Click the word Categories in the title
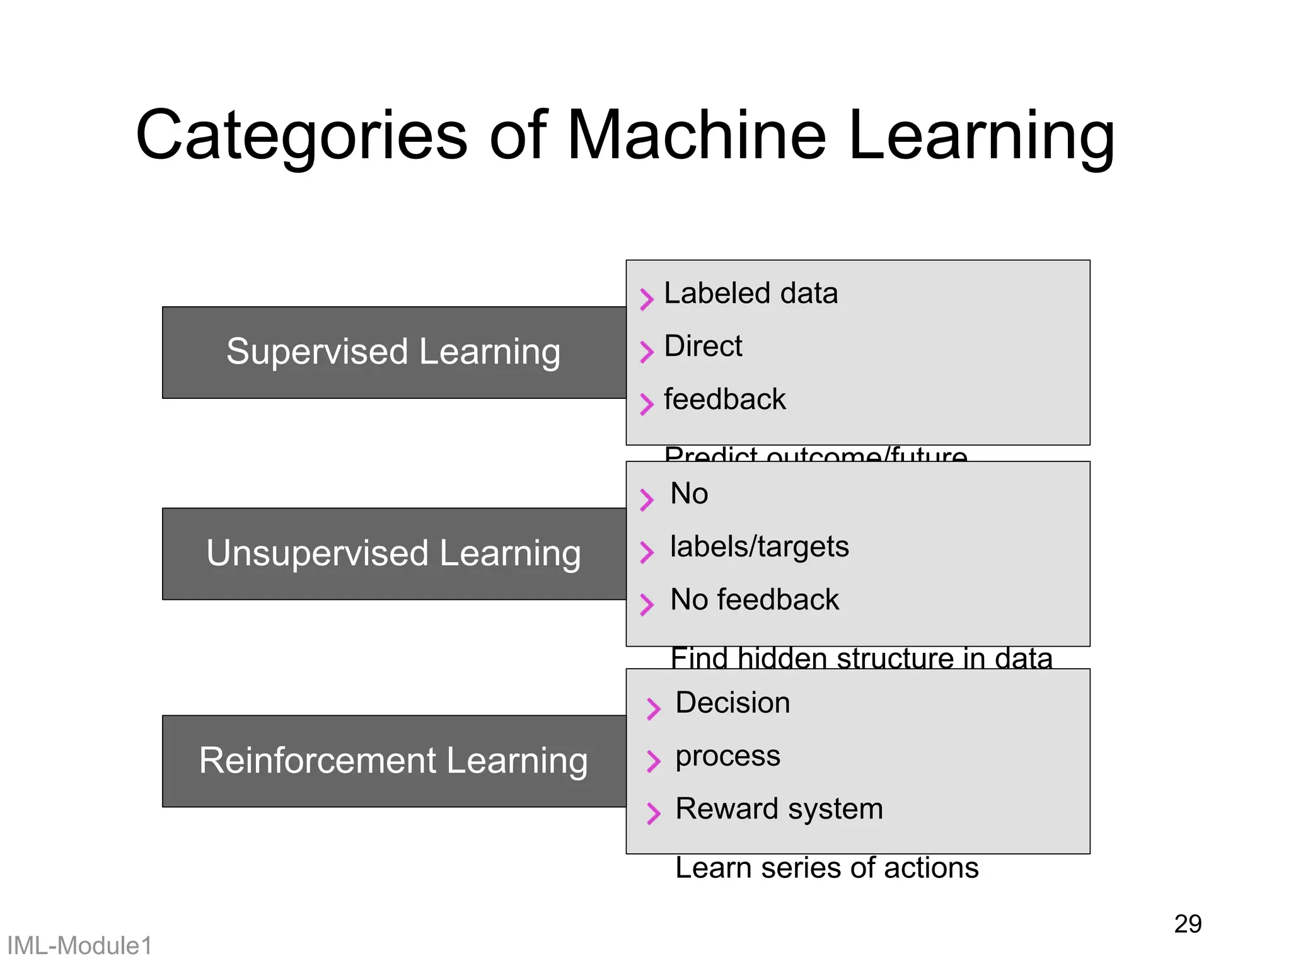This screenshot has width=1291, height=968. click(301, 136)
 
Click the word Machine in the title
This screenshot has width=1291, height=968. click(696, 135)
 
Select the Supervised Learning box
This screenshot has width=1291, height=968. click(393, 352)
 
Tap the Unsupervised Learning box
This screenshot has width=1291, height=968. click(393, 553)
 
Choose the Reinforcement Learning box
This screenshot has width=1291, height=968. click(393, 761)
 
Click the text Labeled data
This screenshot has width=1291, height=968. click(751, 294)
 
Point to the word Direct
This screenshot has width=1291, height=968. click(703, 347)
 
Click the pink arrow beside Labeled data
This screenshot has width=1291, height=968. click(646, 299)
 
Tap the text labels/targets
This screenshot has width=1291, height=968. click(759, 547)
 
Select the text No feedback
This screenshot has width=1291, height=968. click(755, 600)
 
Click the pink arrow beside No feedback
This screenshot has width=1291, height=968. click(646, 604)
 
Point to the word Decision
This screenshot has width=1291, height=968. click(732, 703)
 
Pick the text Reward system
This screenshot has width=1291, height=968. click(779, 809)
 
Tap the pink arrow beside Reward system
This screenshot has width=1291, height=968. click(653, 813)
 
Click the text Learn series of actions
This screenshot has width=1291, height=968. click(826, 868)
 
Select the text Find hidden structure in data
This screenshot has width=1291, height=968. click(861, 658)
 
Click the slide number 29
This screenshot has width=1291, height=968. click(1188, 925)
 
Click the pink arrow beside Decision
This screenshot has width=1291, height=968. click(653, 708)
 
